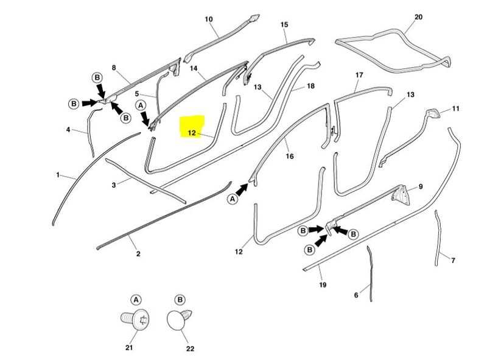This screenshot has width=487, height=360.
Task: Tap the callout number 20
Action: [x=418, y=16]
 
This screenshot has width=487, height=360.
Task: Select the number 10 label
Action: [x=209, y=19]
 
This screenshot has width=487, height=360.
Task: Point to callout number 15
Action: [x=284, y=24]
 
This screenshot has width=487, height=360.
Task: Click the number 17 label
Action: [x=359, y=75]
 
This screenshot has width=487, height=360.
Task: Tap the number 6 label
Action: [x=356, y=295]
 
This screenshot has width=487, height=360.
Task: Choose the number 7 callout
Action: [x=453, y=261]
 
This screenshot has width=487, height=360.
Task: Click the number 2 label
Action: [x=138, y=253]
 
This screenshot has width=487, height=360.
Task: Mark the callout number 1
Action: [x=58, y=175]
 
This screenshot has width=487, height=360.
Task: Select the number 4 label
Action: [x=69, y=129]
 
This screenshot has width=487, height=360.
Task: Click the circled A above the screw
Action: [x=136, y=300]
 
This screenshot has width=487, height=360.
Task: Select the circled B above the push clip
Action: [x=180, y=300]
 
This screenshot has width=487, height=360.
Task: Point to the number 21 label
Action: [x=129, y=348]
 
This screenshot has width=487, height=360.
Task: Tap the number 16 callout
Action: [x=290, y=157]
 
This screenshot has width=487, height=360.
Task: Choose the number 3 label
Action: [x=113, y=184]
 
